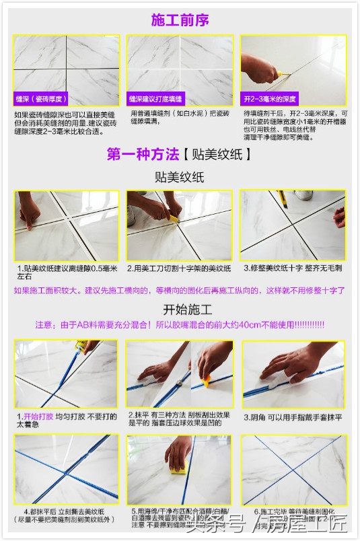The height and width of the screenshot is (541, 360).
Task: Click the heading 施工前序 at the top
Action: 180,20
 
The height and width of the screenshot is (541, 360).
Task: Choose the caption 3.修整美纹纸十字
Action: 293,268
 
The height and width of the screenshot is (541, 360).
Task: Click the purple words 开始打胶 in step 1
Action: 38,417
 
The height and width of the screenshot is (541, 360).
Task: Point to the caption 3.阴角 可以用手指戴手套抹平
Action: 293,417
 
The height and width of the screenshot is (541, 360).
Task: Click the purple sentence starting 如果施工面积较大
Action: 179,291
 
